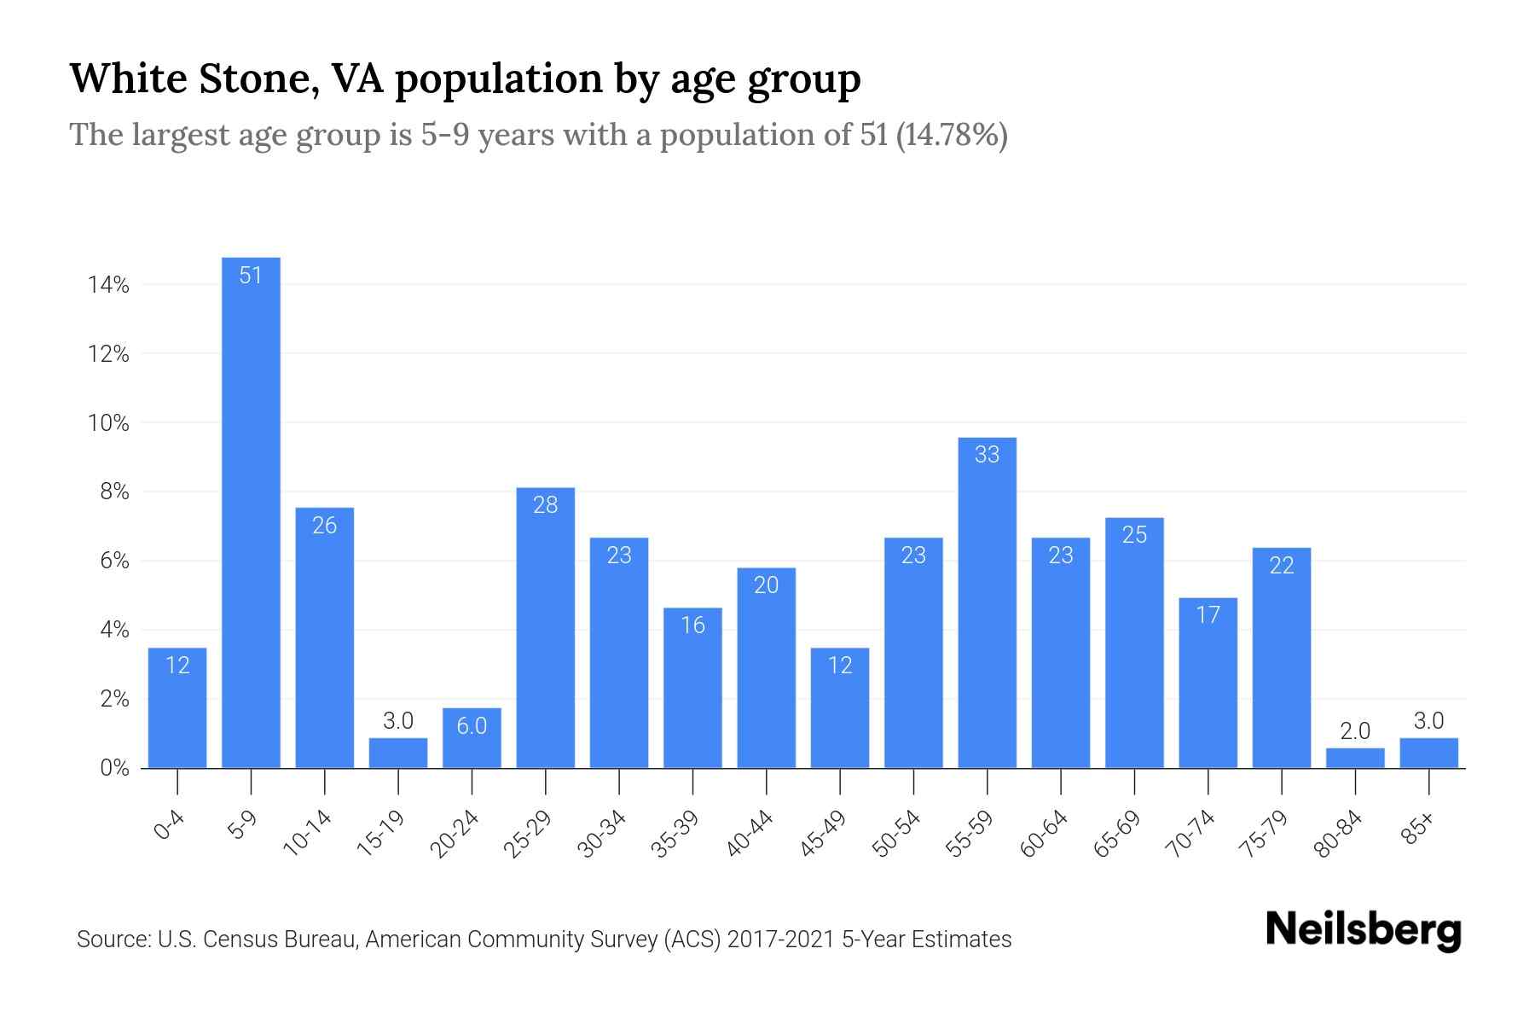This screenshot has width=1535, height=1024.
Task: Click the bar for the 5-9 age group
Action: (251, 512)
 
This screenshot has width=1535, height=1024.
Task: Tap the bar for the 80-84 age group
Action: (1355, 758)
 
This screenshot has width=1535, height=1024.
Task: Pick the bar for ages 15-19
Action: (397, 753)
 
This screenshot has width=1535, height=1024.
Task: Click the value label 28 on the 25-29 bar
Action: (545, 505)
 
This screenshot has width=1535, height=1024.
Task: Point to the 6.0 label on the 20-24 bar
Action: (472, 725)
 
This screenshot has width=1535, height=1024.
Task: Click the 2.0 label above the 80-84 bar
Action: (1355, 730)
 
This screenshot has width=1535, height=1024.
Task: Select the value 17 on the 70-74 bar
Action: (1208, 614)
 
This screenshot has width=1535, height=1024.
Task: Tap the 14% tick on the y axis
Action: (108, 285)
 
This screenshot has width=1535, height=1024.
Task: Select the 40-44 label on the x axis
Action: (750, 833)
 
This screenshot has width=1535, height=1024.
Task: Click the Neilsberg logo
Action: (1363, 930)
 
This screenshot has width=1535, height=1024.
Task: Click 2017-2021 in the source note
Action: (780, 940)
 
